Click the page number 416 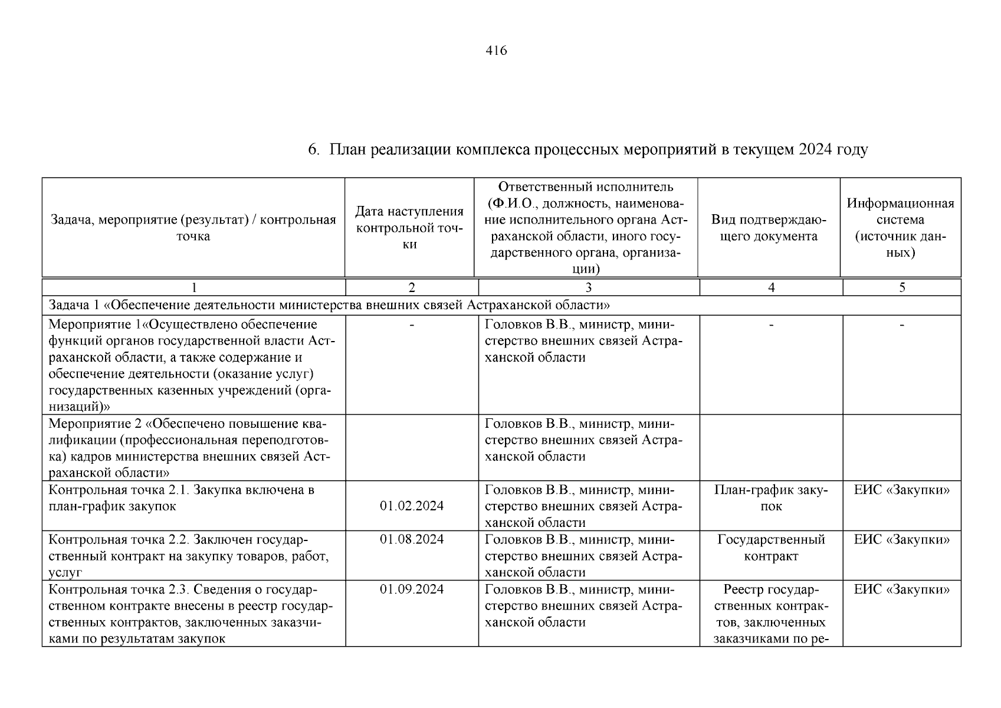pyautogui.click(x=496, y=51)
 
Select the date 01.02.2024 pyautogui.click(x=411, y=506)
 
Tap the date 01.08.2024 pyautogui.click(x=411, y=540)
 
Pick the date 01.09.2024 pyautogui.click(x=411, y=589)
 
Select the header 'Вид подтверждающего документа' pyautogui.click(x=769, y=228)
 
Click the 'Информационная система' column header pyautogui.click(x=900, y=228)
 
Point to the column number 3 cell pyautogui.click(x=588, y=288)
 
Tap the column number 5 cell pyautogui.click(x=901, y=288)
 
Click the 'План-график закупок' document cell pyautogui.click(x=770, y=498)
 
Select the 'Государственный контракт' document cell pyautogui.click(x=770, y=548)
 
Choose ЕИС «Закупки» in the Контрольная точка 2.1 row pyautogui.click(x=901, y=490)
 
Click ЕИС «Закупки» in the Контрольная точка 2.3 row pyautogui.click(x=901, y=589)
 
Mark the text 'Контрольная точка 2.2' pyautogui.click(x=119, y=540)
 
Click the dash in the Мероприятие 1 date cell pyautogui.click(x=411, y=324)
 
